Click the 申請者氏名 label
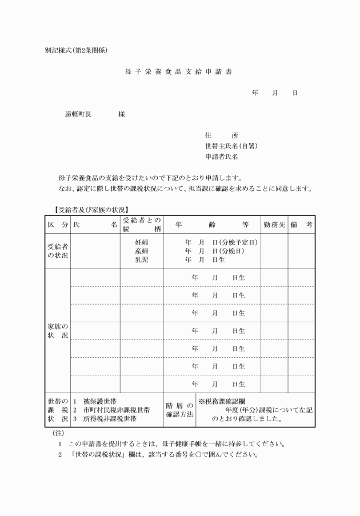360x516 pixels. tap(221, 156)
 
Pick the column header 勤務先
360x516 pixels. tap(274, 225)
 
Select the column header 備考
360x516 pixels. tap(301, 225)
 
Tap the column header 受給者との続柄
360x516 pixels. tap(142, 225)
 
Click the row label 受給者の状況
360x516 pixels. tap(57, 251)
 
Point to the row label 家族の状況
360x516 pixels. tap(57, 331)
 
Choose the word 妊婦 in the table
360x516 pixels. tap(142, 242)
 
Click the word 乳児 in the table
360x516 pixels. tap(142, 259)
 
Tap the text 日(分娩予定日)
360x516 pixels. tap(235, 242)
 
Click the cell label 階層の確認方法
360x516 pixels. tap(179, 410)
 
